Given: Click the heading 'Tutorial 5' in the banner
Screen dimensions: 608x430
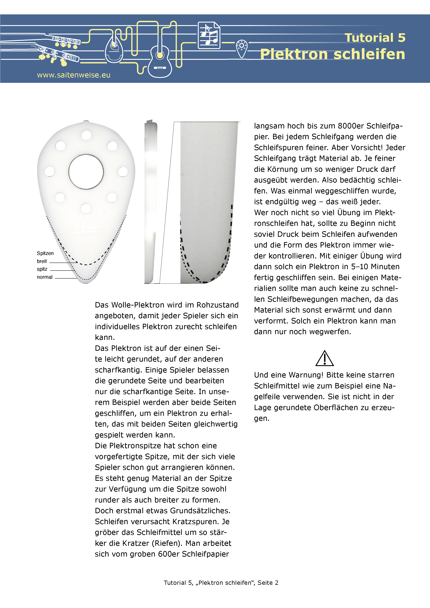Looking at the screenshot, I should pyautogui.click(x=375, y=38).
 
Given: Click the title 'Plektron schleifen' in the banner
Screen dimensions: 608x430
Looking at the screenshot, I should pyautogui.click(x=333, y=54).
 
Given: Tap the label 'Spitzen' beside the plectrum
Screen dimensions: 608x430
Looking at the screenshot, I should pyautogui.click(x=45, y=253).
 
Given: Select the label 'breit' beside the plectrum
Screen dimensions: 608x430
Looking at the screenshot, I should pyautogui.click(x=42, y=261).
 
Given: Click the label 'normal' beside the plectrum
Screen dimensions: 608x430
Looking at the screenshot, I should pyautogui.click(x=45, y=277).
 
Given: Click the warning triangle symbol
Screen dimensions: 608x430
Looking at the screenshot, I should pyautogui.click(x=325, y=359).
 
